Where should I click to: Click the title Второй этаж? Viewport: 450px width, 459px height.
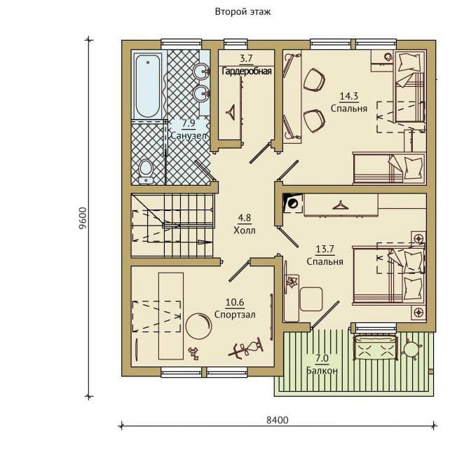(x=243, y=12)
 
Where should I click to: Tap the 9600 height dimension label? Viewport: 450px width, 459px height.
(x=83, y=218)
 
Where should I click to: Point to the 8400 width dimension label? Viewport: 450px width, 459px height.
(x=278, y=420)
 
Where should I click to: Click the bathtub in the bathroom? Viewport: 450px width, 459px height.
(x=148, y=85)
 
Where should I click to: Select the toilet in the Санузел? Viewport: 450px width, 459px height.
(x=146, y=172)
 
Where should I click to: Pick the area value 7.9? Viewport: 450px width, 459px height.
(x=189, y=123)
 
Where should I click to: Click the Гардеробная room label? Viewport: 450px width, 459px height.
(x=247, y=71)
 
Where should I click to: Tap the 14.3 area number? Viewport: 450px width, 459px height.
(x=348, y=96)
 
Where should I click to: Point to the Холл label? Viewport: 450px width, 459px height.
(x=245, y=231)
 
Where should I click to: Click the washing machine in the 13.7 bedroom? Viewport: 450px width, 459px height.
(x=293, y=203)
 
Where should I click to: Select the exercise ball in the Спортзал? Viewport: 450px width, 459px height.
(x=198, y=326)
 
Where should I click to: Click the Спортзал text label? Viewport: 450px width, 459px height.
(x=235, y=315)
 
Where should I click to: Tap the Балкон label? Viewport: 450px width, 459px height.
(x=322, y=371)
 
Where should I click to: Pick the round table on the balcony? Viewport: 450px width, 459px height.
(x=411, y=348)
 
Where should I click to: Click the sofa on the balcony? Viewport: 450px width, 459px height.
(x=376, y=347)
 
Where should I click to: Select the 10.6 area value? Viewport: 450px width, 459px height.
(x=235, y=302)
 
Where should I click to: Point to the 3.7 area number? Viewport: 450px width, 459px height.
(x=246, y=59)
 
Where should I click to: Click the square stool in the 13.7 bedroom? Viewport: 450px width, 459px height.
(x=311, y=299)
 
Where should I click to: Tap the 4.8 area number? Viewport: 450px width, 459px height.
(x=245, y=218)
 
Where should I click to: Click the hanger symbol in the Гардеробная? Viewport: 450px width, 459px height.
(x=232, y=112)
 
